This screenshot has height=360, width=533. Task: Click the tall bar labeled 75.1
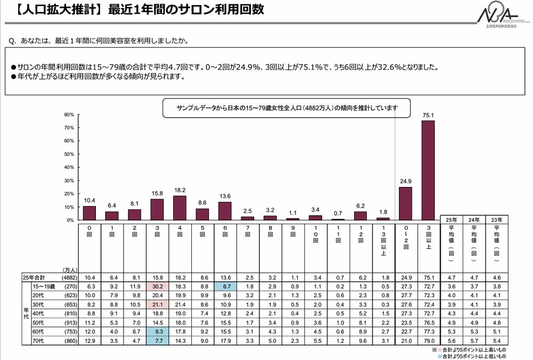pyautogui.click(x=428, y=170)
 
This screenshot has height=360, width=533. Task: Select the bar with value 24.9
pyautogui.click(x=406, y=203)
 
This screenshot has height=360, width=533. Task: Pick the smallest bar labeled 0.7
pyautogui.click(x=338, y=219)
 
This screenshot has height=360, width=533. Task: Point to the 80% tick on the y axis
pyautogui.click(x=69, y=115)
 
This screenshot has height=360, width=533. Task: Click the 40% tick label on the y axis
pyautogui.click(x=69, y=168)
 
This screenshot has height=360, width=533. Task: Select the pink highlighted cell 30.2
pyautogui.click(x=158, y=287)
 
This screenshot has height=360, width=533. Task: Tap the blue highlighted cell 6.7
pyautogui.click(x=225, y=287)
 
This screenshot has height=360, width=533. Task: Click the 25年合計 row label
pyautogui.click(x=35, y=277)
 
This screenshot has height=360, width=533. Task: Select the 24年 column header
pyautogui.click(x=473, y=219)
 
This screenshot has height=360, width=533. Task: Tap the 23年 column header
pyautogui.click(x=496, y=219)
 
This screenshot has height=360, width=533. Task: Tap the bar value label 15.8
pyautogui.click(x=158, y=194)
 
